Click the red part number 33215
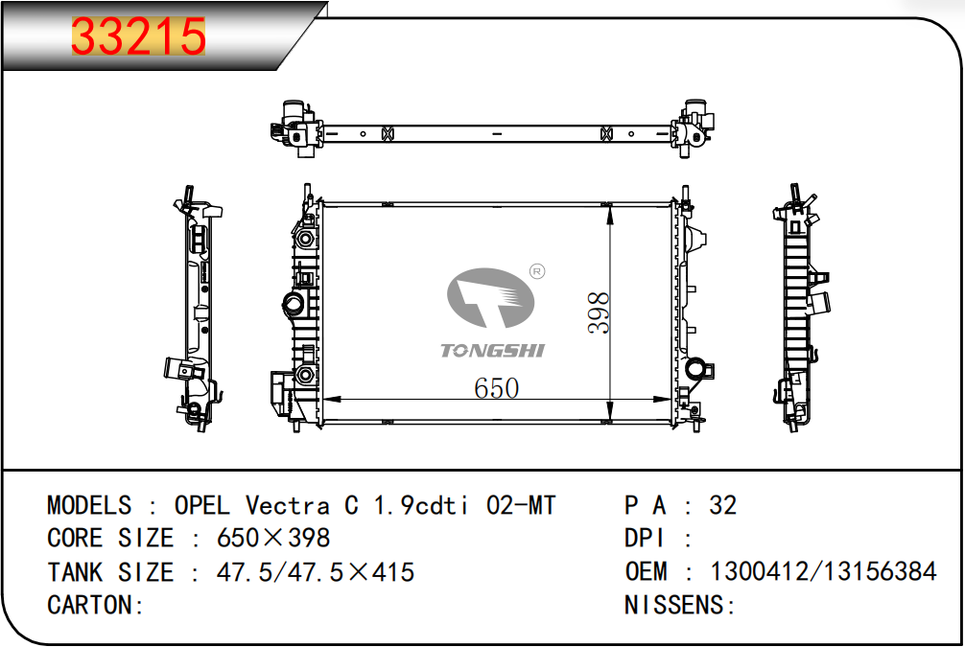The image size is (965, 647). click(138, 36)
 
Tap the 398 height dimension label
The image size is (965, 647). click(599, 313)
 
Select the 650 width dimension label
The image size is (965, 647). click(497, 388)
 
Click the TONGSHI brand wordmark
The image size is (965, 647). click(492, 351)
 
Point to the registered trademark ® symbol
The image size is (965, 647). click(536, 271)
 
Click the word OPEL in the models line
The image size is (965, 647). click(201, 505)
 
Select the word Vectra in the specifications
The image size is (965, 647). click(288, 505)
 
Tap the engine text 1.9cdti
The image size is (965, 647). click(421, 505)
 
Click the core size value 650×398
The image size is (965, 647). click(273, 538)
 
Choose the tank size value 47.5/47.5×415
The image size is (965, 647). click(315, 572)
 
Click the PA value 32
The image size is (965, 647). click(722, 505)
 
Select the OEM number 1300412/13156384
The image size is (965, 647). click(823, 571)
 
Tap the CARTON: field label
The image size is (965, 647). click(95, 605)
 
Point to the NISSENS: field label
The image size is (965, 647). click(680, 605)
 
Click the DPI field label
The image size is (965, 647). click(645, 538)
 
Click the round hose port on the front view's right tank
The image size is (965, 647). click(696, 368)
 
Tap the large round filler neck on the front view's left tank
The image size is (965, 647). click(294, 303)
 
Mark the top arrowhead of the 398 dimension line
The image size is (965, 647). click(610, 216)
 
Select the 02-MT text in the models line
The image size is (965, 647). click(521, 505)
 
